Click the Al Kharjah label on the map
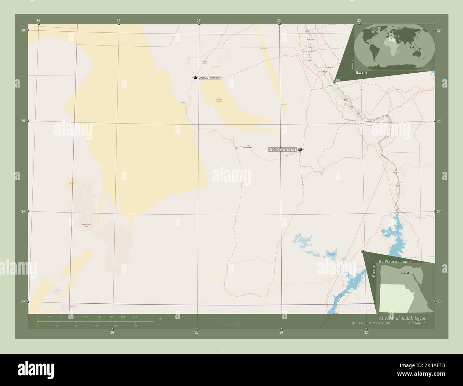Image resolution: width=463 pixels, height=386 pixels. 282,150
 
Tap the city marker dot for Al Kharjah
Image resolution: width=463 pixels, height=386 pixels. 300,150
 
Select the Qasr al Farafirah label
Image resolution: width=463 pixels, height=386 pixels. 209,78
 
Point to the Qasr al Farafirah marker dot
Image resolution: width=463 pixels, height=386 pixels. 195,78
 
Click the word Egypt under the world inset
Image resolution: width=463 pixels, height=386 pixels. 361,72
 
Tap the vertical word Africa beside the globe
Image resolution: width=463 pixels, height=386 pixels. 352,64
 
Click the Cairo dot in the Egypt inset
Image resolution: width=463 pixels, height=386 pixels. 408,273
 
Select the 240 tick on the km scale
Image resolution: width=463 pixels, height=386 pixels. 135,317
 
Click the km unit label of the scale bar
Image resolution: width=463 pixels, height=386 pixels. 160,318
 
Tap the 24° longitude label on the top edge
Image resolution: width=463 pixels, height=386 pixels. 38,21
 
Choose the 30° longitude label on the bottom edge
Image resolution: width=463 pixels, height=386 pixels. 281,333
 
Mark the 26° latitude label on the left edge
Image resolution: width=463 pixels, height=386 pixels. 23,121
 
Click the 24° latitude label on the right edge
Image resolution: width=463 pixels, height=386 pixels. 439,212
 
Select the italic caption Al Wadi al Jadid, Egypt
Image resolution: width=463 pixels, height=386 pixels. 402,318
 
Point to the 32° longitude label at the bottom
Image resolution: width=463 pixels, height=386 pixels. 366,333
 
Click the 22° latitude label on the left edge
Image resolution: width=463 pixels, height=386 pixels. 23,302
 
